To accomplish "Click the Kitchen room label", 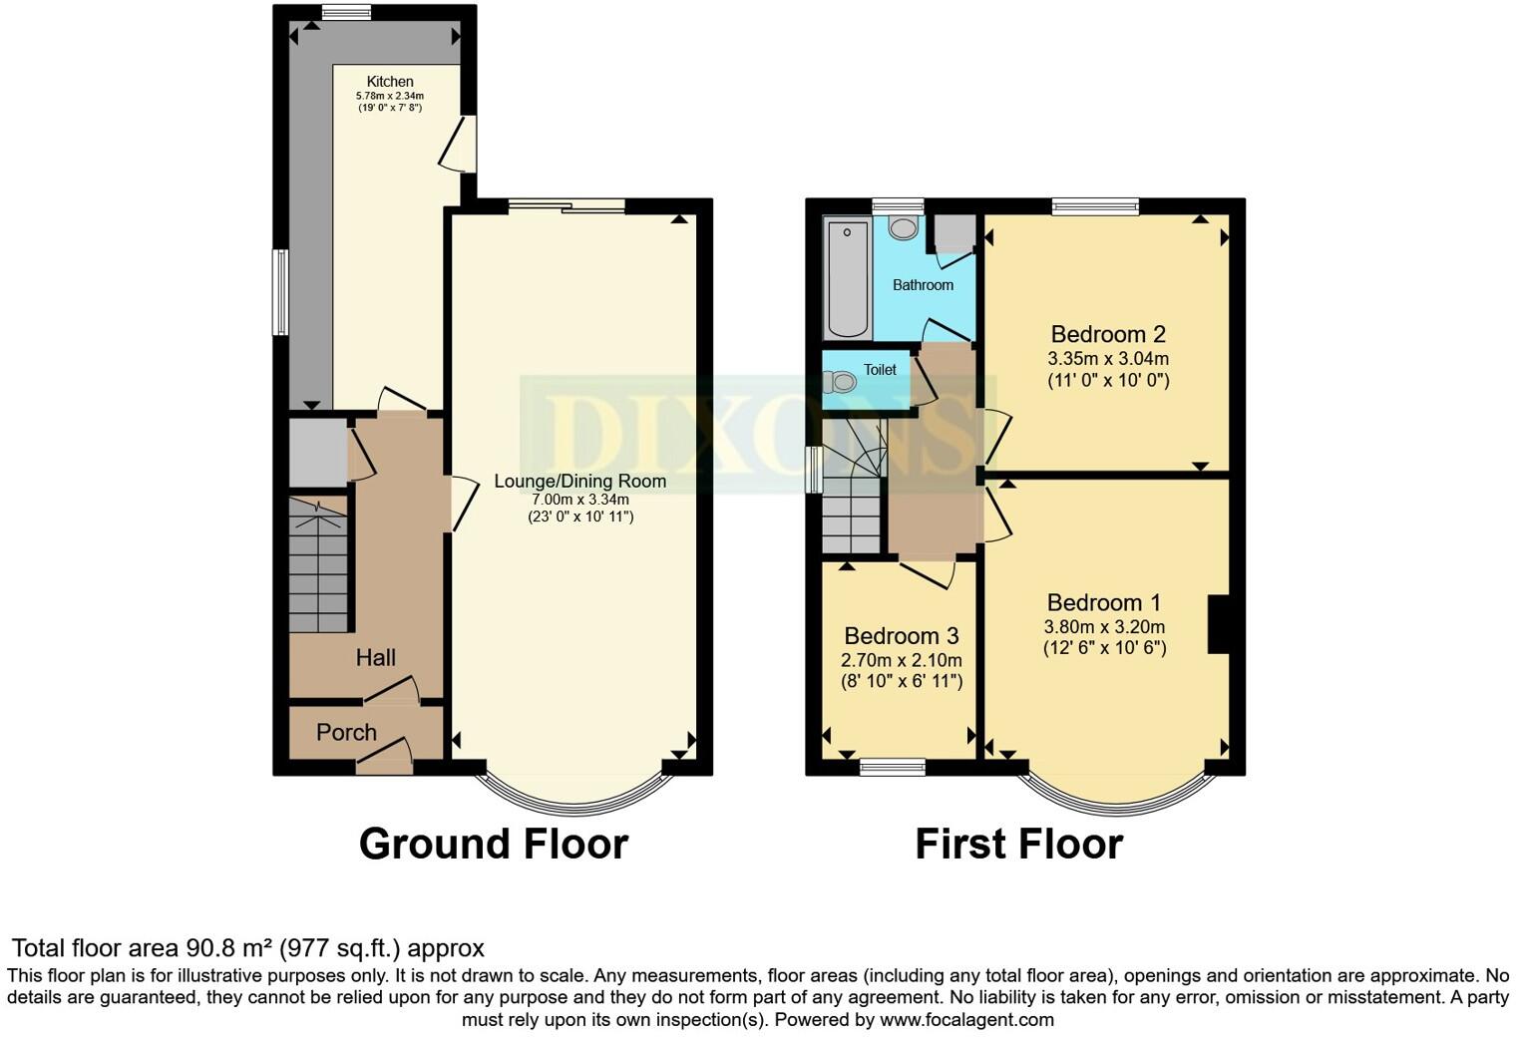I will tap(389, 82).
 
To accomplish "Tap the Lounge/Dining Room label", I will tap(579, 482).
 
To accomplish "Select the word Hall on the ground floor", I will tap(375, 657).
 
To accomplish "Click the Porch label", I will tap(346, 732).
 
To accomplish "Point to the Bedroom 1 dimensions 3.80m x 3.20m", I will tap(1104, 627).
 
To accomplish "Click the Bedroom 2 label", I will tap(1108, 334).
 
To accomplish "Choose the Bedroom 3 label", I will tap(901, 636).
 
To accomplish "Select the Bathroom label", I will tap(923, 285).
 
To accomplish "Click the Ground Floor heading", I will tap(493, 844).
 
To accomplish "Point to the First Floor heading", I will tap(1018, 844).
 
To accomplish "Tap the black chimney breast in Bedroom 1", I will tap(1218, 624).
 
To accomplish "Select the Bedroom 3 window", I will tap(893, 766).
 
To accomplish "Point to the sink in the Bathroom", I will tap(903, 228).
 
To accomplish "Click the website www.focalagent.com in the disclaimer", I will tap(965, 1019).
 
